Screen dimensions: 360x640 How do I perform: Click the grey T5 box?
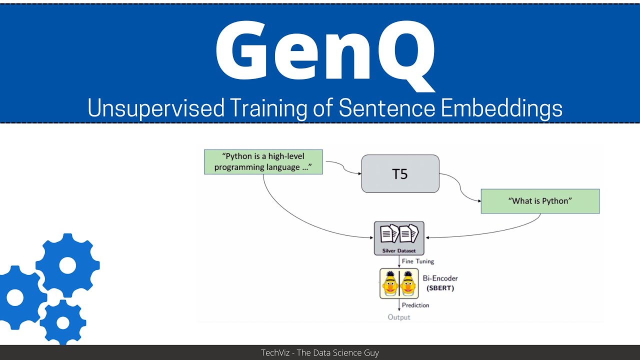point(400,174)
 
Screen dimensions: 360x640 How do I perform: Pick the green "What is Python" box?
point(540,201)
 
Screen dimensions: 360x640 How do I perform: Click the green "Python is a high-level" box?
point(263,162)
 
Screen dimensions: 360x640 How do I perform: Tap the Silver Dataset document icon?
point(399,234)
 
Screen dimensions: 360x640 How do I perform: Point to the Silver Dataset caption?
point(399,250)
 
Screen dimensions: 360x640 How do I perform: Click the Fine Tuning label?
point(418,261)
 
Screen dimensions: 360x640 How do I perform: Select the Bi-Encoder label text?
point(440,278)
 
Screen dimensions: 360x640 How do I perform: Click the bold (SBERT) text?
point(440,288)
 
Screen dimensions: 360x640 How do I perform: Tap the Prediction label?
point(415,305)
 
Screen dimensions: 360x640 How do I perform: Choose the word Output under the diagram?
point(399,317)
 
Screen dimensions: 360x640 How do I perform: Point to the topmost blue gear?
point(67,265)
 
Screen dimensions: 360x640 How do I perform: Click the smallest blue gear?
point(63,322)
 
